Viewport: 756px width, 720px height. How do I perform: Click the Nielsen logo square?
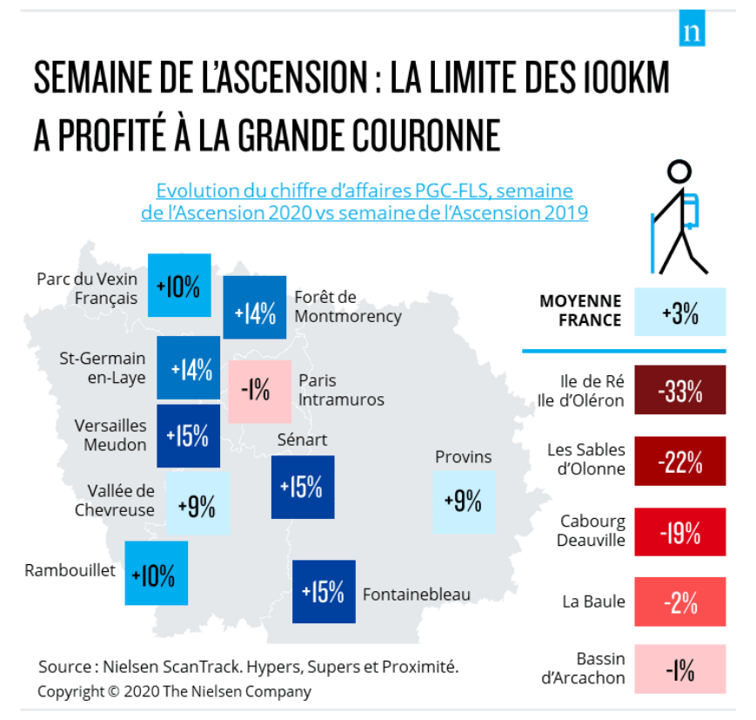coord(692,31)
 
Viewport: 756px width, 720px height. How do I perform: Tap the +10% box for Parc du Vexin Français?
coord(179,286)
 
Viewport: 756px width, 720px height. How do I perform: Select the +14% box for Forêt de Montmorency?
coord(254,307)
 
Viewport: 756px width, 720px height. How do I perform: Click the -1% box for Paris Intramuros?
coord(259,391)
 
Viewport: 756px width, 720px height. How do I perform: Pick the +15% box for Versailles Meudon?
coord(188,435)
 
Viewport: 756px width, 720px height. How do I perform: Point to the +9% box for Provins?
coord(464,501)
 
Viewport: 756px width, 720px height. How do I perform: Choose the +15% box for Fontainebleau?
coord(324,592)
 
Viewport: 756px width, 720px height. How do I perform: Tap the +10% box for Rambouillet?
coord(156,574)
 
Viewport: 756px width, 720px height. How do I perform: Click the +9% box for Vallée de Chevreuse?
coord(197,504)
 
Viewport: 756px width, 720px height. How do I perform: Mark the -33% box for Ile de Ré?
coord(680,392)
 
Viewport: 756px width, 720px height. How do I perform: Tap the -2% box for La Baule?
coord(680,601)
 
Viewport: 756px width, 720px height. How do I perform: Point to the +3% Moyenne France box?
coord(680,312)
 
